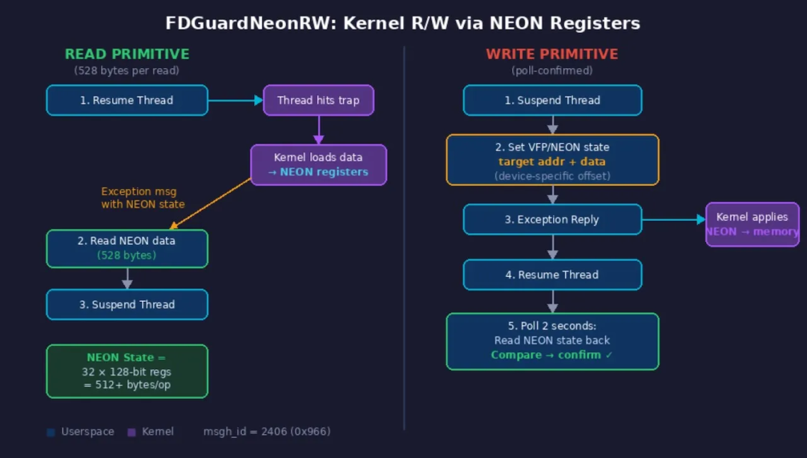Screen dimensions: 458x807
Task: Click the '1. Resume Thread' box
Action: point(127,100)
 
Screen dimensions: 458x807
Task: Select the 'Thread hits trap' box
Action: point(318,100)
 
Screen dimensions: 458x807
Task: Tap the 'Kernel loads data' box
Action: point(318,164)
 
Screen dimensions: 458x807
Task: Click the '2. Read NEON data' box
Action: point(127,248)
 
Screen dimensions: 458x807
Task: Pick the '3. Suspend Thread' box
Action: point(127,304)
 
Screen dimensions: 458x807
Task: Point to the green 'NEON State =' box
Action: point(127,371)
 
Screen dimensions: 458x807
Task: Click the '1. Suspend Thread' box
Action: point(552,100)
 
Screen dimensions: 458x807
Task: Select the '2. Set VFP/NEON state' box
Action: point(552,160)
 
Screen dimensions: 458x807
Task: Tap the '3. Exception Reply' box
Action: point(552,220)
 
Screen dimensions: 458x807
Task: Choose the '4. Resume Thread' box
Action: point(552,274)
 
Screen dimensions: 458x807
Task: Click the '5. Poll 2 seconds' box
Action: point(552,341)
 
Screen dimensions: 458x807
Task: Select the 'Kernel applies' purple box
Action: point(752,224)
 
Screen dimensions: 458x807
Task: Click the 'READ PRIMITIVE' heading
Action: point(127,54)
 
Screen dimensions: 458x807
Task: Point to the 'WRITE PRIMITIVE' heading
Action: point(552,54)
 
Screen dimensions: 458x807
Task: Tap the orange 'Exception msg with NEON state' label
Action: point(143,198)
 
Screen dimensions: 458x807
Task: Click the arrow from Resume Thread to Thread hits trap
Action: point(235,100)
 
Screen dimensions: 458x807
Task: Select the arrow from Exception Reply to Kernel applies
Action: point(673,220)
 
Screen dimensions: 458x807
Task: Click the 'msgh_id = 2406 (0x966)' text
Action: point(267,431)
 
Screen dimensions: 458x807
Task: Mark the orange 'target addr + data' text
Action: point(552,161)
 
